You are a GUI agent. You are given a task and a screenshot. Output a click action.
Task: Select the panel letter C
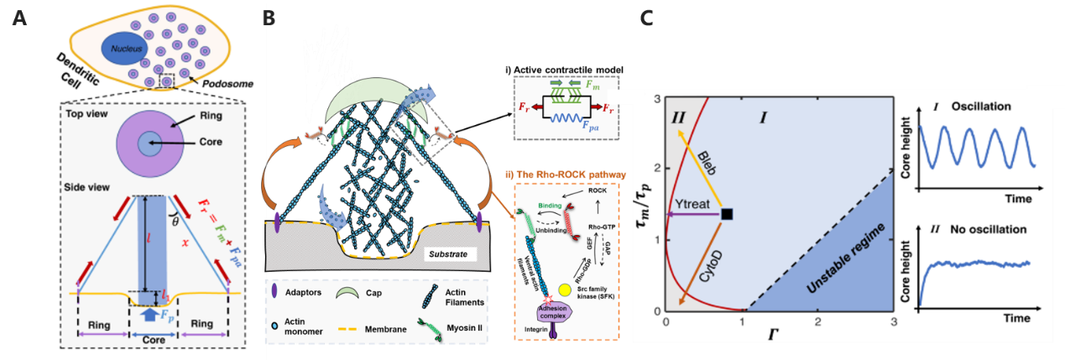pyautogui.click(x=648, y=18)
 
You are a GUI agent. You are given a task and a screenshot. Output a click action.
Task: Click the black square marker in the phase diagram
pyautogui.click(x=726, y=215)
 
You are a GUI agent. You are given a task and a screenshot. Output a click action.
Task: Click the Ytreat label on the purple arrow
pyautogui.click(x=691, y=204)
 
